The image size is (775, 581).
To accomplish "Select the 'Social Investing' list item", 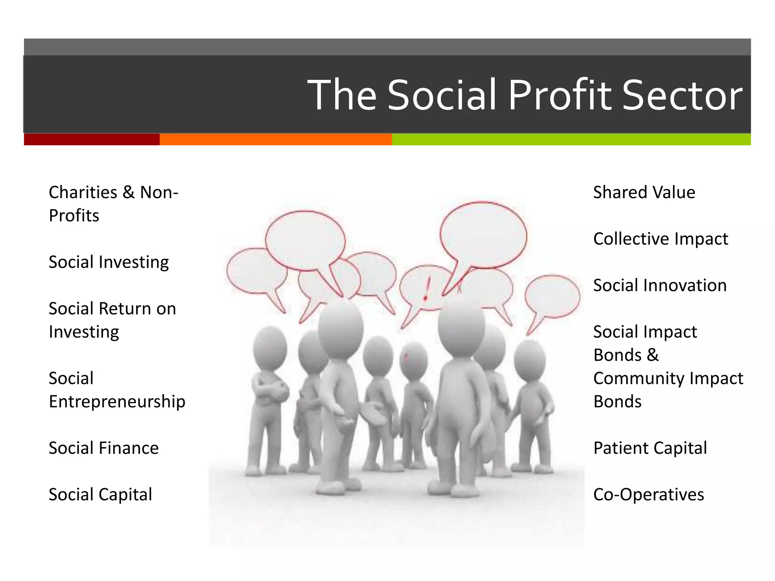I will (x=109, y=262).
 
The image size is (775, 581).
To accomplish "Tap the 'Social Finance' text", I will (x=104, y=448).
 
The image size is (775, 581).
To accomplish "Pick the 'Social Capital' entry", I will (x=100, y=495).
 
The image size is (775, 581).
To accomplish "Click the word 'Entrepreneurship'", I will (x=117, y=402).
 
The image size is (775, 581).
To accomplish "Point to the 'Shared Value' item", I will (x=644, y=193).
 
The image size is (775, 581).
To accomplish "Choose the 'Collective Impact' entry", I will (x=660, y=239).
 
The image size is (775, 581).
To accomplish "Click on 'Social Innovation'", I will (x=660, y=286).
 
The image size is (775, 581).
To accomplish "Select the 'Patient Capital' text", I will (x=650, y=448).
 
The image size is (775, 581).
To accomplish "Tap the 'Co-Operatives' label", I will (x=648, y=495).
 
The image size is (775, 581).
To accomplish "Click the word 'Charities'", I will (x=83, y=193).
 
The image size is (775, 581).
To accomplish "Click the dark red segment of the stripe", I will (x=92, y=139).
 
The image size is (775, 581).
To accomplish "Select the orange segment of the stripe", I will (x=275, y=139).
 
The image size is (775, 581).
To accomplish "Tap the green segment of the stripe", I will (x=571, y=139).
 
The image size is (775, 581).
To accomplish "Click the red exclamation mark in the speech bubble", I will (x=427, y=289).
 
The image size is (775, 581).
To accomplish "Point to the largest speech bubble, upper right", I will (x=483, y=235).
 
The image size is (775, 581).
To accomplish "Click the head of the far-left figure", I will (x=270, y=347).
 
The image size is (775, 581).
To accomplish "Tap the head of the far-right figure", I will (x=530, y=360).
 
